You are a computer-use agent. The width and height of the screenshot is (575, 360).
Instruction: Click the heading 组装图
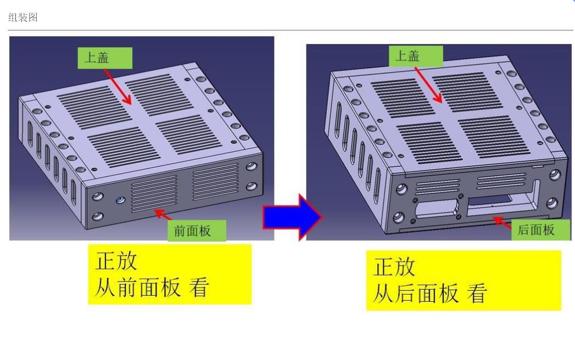point(23,17)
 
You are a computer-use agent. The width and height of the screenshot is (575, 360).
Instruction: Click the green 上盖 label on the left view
point(105,58)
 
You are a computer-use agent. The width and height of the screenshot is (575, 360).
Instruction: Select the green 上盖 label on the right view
point(416,56)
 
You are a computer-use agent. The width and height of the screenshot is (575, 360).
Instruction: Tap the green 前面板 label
point(197,230)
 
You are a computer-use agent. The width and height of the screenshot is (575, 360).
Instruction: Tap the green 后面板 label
point(540,230)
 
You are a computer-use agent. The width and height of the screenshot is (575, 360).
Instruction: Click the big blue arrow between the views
point(292,217)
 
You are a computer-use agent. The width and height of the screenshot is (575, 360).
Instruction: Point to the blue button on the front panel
point(120,201)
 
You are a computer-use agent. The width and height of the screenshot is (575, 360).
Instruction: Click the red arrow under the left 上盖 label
point(118,87)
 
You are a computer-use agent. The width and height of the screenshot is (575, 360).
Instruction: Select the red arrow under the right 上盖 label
point(428,85)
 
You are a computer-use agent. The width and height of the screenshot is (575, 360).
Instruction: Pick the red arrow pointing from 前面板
point(164,215)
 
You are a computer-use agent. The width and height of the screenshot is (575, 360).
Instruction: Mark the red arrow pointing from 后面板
point(503,223)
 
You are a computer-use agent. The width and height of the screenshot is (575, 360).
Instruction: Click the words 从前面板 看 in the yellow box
point(152,287)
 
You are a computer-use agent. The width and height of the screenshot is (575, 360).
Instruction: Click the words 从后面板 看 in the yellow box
point(430,293)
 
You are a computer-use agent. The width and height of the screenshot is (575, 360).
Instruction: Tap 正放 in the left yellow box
point(116,261)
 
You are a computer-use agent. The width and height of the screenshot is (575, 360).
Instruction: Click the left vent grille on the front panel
point(154,193)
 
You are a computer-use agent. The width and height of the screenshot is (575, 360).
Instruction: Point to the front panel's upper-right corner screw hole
point(252,167)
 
